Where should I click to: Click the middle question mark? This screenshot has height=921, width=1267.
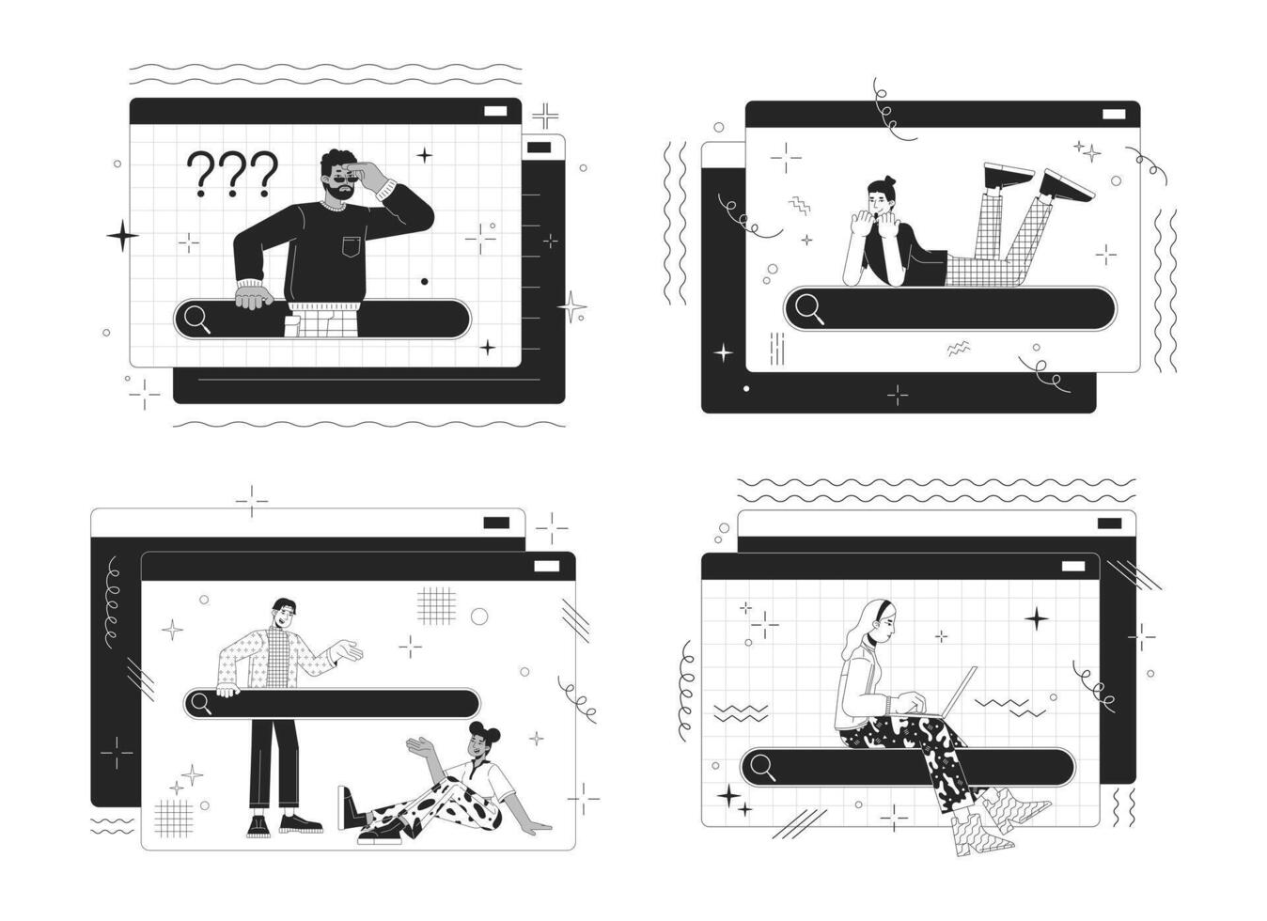233,174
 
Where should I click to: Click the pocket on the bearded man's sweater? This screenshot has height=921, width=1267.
351,246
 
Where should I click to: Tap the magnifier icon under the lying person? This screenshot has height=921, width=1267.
809,310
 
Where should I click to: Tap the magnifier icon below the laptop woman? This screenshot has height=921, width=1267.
763,768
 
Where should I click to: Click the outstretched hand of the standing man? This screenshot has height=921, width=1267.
349,651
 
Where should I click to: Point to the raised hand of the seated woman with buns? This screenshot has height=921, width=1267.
420,747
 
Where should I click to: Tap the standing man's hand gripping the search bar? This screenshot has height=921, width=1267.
227,691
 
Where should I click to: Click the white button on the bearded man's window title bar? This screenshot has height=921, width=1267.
495,111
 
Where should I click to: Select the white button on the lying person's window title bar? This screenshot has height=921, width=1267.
1114,115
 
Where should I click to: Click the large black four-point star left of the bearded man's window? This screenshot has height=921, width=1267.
123,236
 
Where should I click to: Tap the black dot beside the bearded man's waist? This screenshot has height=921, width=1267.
424,282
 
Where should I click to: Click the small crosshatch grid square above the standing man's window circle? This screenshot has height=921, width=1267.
436,606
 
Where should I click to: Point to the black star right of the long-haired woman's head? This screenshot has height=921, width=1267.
1037,619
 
